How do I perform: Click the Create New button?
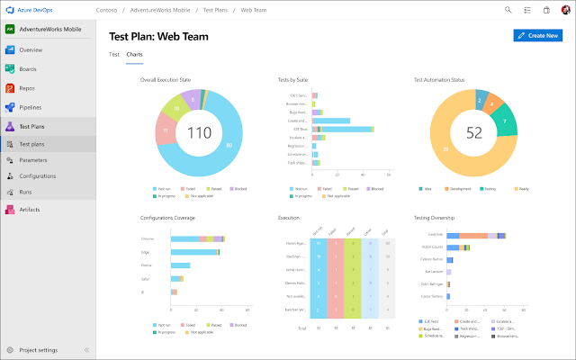pyautogui.click(x=537, y=35)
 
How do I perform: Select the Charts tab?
pyautogui.click(x=134, y=55)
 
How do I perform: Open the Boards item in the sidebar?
pyautogui.click(x=28, y=68)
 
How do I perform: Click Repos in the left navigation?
pyautogui.click(x=27, y=87)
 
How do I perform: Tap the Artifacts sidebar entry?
pyautogui.click(x=31, y=209)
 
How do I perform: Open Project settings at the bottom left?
pyautogui.click(x=39, y=349)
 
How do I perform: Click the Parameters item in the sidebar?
pyautogui.click(x=33, y=159)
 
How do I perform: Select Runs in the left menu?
pyautogui.click(x=27, y=192)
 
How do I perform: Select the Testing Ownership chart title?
pyautogui.click(x=434, y=218)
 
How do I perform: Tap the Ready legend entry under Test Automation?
pyautogui.click(x=520, y=189)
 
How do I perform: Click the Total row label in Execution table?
pyautogui.click(x=302, y=328)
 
